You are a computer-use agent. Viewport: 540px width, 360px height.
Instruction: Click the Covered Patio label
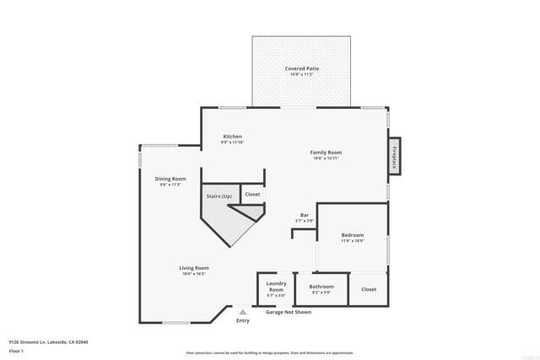pyautogui.click(x=301, y=68)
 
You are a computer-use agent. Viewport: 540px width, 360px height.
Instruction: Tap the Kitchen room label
pyautogui.click(x=232, y=137)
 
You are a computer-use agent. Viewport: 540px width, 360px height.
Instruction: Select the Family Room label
pyautogui.click(x=327, y=153)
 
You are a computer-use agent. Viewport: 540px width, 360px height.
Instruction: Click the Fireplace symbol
pyautogui.click(x=393, y=158)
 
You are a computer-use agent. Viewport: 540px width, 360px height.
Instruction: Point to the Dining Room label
pyautogui.click(x=170, y=179)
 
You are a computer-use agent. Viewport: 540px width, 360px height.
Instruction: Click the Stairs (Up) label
pyautogui.click(x=219, y=196)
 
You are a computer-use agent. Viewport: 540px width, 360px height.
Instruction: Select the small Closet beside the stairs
pyautogui.click(x=252, y=195)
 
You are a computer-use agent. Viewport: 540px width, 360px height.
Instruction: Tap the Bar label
pyautogui.click(x=304, y=215)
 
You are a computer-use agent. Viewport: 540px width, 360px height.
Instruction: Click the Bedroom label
pyautogui.click(x=352, y=234)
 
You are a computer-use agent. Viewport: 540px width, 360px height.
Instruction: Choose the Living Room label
pyautogui.click(x=193, y=268)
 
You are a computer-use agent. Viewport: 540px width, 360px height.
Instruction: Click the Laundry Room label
pyautogui.click(x=276, y=287)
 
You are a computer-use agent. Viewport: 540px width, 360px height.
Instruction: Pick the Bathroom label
pyautogui.click(x=321, y=287)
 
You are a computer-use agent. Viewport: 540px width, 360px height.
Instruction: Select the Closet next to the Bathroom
pyautogui.click(x=369, y=289)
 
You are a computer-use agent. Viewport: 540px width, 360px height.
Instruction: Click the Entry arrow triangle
pyautogui.click(x=243, y=311)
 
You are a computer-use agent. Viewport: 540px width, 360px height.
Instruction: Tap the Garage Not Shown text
pyautogui.click(x=289, y=312)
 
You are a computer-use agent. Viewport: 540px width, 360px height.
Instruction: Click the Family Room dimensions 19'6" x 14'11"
pyautogui.click(x=327, y=159)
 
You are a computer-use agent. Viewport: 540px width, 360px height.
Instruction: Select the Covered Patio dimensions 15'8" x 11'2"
pyautogui.click(x=301, y=74)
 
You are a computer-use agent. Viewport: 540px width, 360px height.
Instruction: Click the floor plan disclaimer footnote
pyautogui.click(x=270, y=353)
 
